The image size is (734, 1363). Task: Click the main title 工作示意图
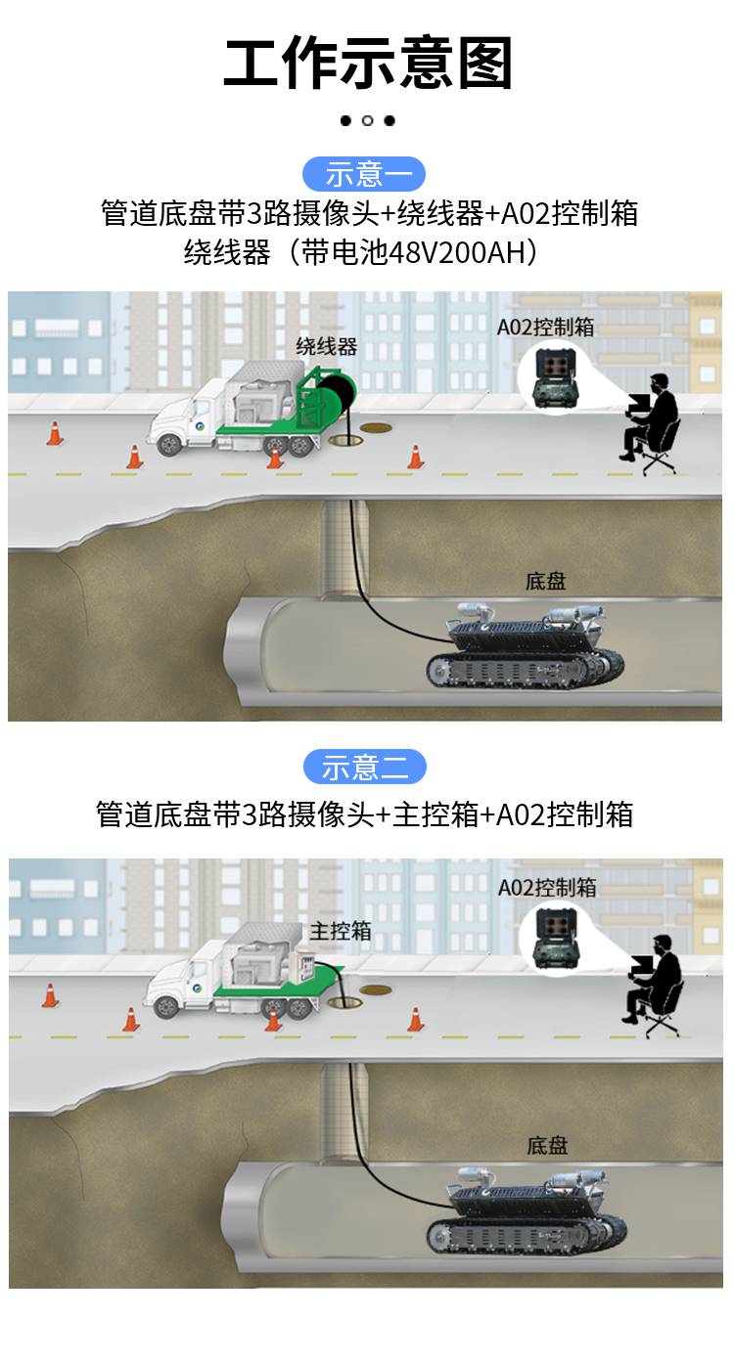368,63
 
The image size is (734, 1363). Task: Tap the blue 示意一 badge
364,174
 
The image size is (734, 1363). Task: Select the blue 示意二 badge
364,767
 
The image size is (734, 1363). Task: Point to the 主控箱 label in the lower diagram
340,931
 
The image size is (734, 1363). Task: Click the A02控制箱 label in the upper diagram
545,328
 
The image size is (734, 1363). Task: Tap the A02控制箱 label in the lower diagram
546,887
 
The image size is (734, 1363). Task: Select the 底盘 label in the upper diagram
546,581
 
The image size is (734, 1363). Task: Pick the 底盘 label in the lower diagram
547,1146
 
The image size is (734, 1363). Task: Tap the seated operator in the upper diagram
650,423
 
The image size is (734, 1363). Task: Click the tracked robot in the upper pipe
525,647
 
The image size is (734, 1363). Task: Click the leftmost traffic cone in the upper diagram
54,433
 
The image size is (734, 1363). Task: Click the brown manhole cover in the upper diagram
375,427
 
